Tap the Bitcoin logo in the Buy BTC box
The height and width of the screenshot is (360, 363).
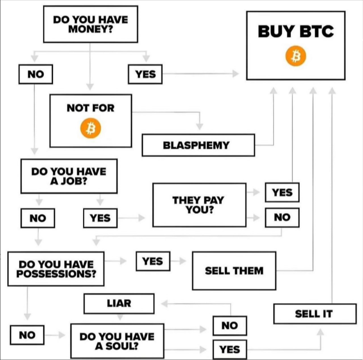pos(296,57)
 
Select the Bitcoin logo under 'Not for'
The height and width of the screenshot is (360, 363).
pos(90,128)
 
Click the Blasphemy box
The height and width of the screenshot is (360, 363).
pos(198,145)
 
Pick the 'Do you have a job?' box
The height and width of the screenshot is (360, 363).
pos(69,176)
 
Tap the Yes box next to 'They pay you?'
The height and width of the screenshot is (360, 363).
pos(282,193)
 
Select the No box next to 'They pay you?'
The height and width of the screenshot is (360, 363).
pos(282,217)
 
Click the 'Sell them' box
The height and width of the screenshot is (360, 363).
pos(234,271)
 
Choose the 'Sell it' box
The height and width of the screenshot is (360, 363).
pos(314,314)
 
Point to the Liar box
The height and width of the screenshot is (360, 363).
pos(119,304)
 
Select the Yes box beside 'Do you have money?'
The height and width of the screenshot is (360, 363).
pos(145,74)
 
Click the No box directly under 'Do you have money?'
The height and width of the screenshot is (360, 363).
pos(35,74)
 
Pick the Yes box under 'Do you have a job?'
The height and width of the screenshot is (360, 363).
pos(100,218)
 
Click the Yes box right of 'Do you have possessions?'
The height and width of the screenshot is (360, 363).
pos(153,261)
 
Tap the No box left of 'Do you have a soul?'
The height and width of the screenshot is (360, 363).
pos(27,335)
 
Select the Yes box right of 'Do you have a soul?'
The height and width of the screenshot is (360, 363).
pos(229,350)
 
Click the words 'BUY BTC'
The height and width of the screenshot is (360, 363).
pos(296,31)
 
